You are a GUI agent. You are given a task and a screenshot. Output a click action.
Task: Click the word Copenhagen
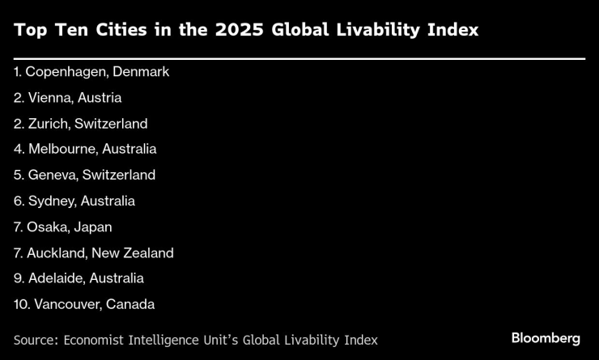click(x=67, y=72)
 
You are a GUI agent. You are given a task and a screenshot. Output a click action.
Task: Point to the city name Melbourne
click(x=61, y=150)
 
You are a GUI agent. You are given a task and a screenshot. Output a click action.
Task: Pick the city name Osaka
click(x=46, y=227)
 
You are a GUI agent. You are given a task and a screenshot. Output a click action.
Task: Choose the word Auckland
click(x=56, y=253)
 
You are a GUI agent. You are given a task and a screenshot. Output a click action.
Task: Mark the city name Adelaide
click(x=56, y=278)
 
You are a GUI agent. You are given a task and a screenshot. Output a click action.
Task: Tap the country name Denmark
click(x=141, y=72)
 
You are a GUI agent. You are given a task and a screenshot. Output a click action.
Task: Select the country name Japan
click(x=93, y=227)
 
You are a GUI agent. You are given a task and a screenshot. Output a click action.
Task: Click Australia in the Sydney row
click(x=108, y=201)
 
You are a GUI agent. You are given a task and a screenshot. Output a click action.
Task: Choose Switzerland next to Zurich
click(x=111, y=124)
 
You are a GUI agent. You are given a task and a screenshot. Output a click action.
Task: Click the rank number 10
click(x=20, y=304)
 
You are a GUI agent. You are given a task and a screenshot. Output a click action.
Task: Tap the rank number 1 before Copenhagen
click(x=17, y=72)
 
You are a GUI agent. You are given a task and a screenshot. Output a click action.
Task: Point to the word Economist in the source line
click(x=94, y=340)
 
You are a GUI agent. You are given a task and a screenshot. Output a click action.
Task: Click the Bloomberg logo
click(x=546, y=338)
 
